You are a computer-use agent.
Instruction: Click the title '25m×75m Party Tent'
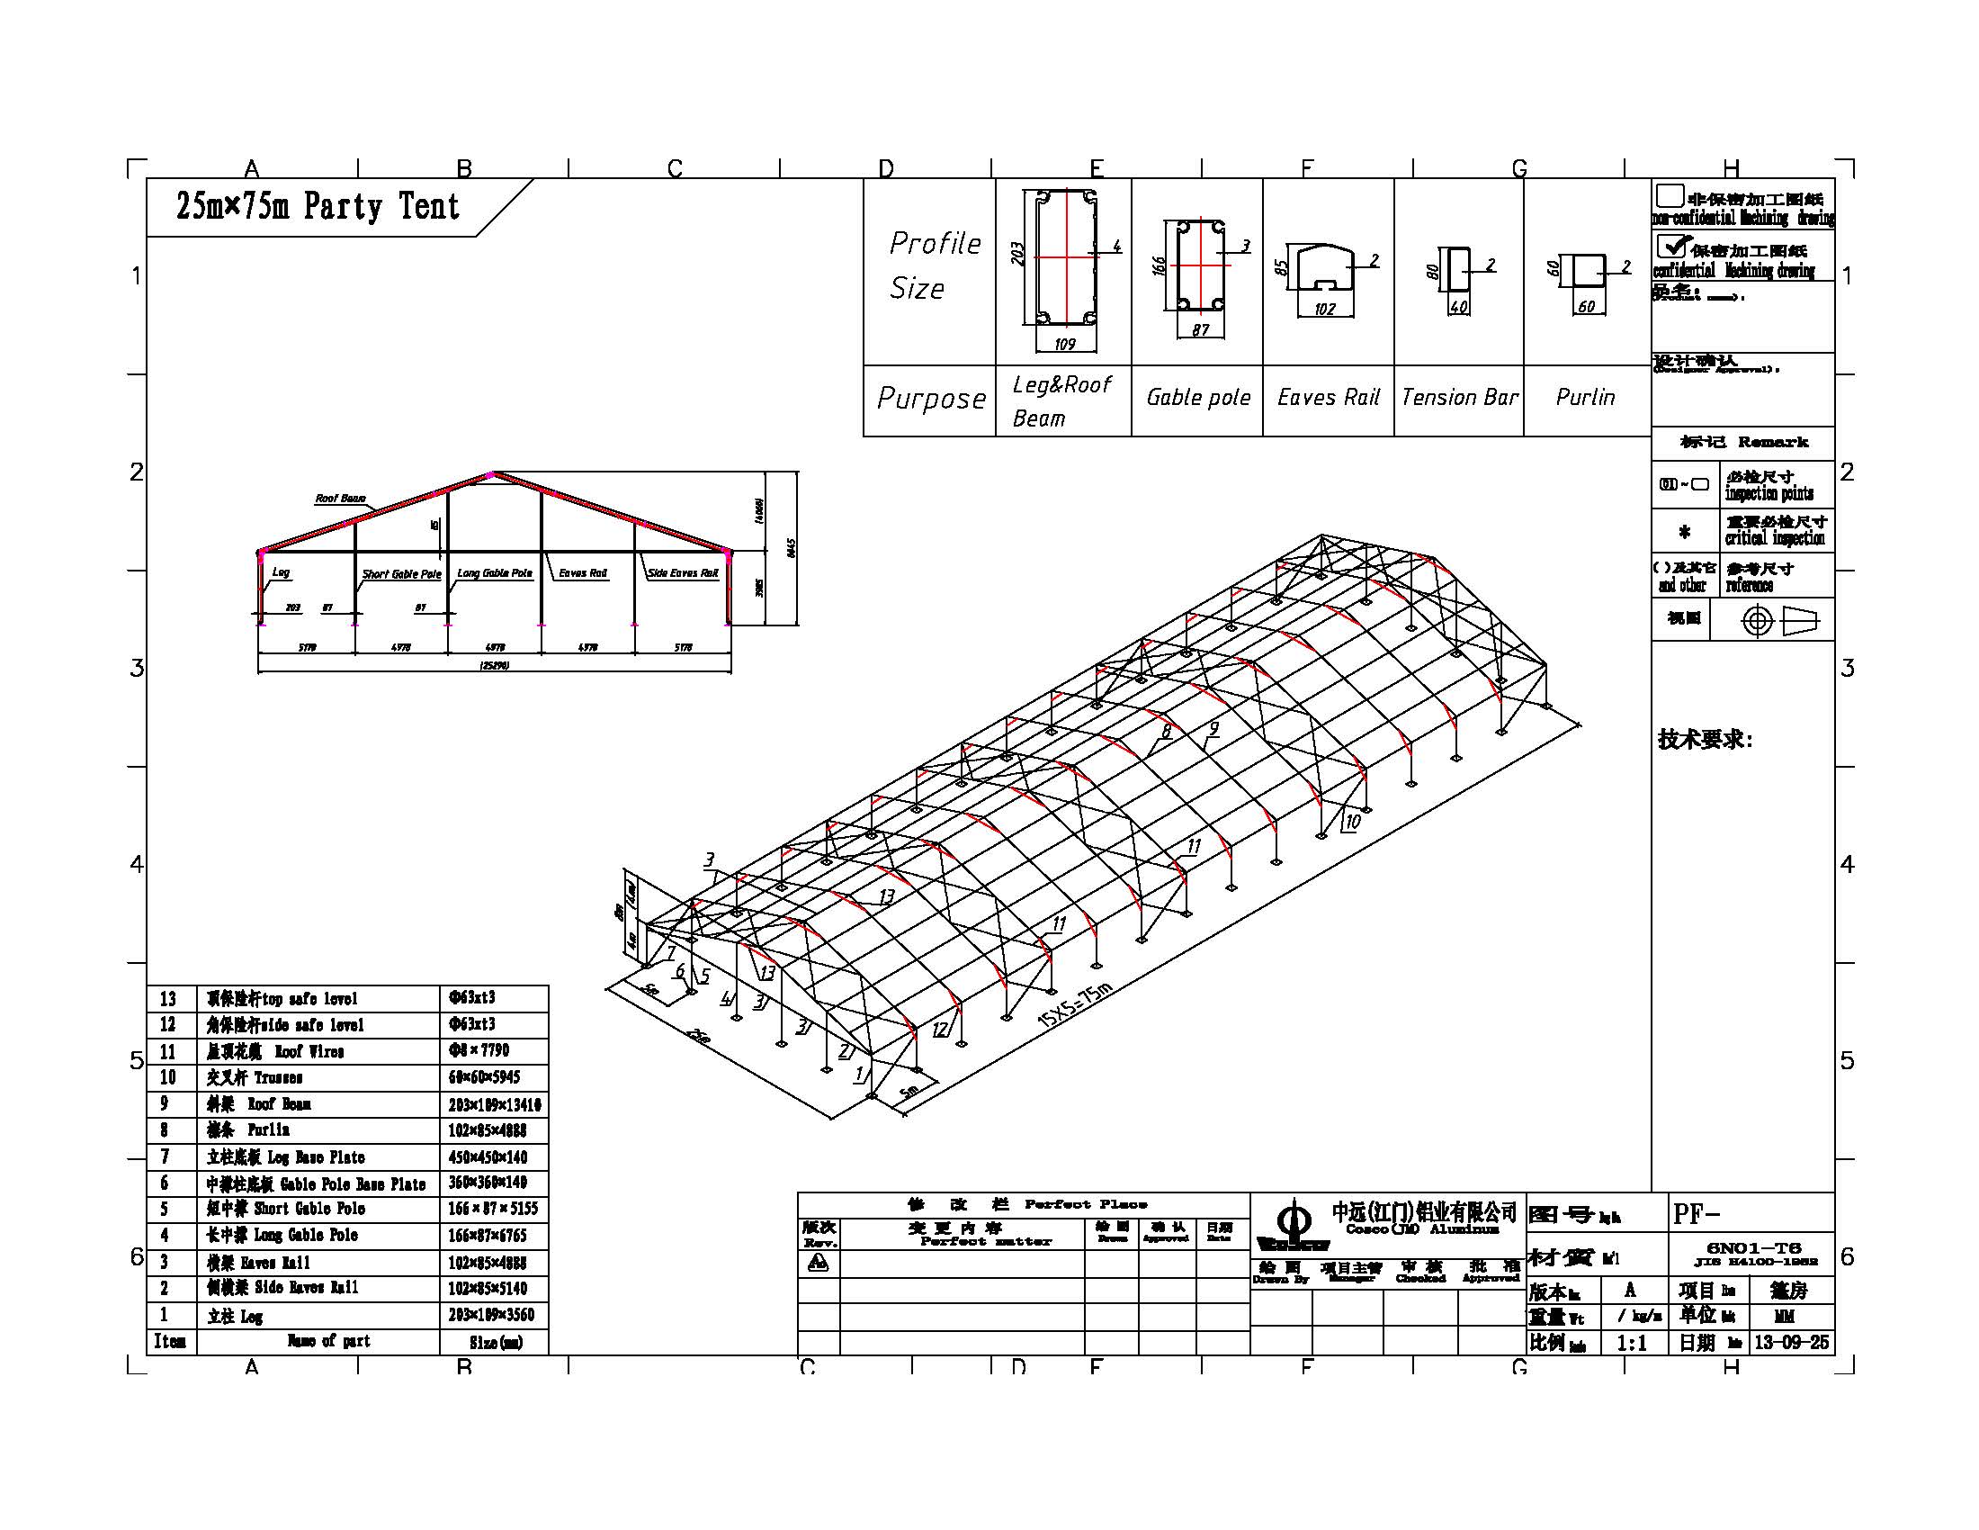click(x=318, y=207)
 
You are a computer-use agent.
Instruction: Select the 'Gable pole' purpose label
click(x=1198, y=397)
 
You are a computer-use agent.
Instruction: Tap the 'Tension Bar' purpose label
click(x=1459, y=397)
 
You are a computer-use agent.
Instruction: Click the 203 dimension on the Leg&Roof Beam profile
click(x=1017, y=253)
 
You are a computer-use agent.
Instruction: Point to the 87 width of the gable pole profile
click(x=1201, y=330)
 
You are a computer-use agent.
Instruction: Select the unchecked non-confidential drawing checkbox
click(x=1669, y=196)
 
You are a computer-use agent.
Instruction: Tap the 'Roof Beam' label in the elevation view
click(x=340, y=499)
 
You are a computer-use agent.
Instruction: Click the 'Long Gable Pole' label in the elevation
click(x=495, y=572)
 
